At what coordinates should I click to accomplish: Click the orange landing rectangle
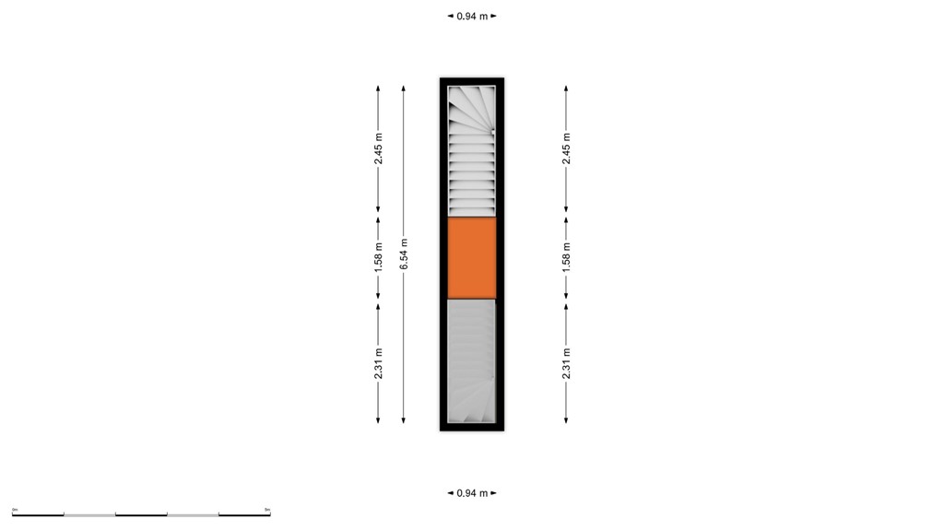tap(471, 257)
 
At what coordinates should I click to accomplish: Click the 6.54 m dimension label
tap(404, 254)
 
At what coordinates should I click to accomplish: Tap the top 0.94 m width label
tap(472, 16)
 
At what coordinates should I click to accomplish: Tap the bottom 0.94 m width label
tap(472, 493)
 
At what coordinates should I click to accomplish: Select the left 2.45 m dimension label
tap(378, 149)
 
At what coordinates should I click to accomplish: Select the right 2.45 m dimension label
tap(566, 149)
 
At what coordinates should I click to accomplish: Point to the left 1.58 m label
tap(378, 257)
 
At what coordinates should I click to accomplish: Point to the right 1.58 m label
tap(566, 257)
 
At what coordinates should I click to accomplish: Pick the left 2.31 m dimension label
tap(378, 363)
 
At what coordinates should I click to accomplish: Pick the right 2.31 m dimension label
tap(566, 363)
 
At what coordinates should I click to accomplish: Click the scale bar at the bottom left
tap(141, 513)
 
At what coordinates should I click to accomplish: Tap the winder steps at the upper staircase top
tap(471, 108)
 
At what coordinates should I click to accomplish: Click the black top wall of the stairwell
tap(471, 82)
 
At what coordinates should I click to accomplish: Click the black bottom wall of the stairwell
tap(471, 427)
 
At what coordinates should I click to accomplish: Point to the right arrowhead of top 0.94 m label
tap(494, 16)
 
